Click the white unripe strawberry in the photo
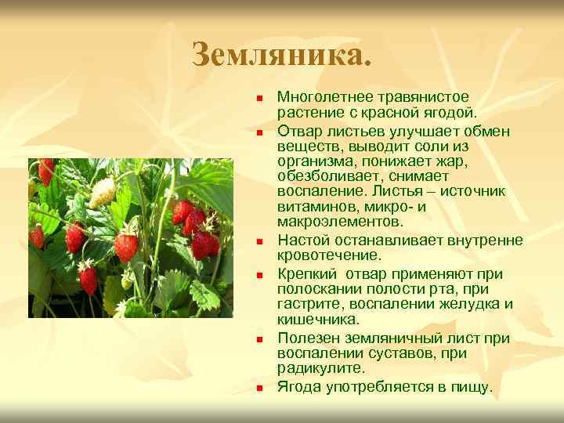click(103, 192)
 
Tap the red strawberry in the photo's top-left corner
click(46, 171)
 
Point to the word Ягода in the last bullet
click(298, 386)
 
